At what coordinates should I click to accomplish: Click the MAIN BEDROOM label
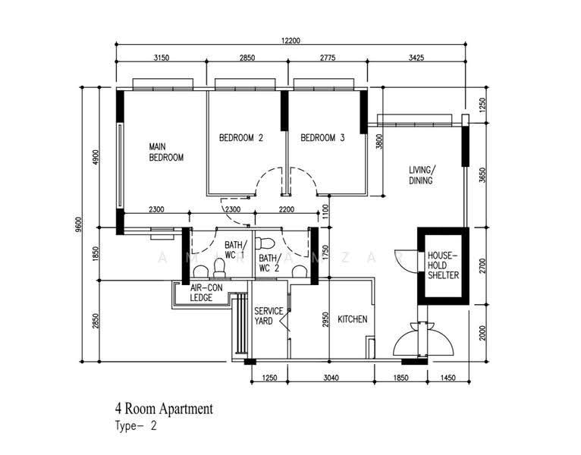pos(166,152)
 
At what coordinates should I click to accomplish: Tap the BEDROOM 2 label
pos(241,138)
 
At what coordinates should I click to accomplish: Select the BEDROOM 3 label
pos(322,138)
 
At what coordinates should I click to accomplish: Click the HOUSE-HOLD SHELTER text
pos(443,265)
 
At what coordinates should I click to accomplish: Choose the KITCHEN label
pos(353,319)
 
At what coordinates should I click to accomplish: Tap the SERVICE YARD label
pos(269,316)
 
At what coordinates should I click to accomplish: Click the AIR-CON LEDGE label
pos(206,293)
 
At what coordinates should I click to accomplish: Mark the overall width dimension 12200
pos(290,40)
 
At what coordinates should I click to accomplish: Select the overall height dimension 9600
pos(77,224)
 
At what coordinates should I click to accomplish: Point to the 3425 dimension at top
pos(416,58)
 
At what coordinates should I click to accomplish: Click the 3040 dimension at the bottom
pos(331,378)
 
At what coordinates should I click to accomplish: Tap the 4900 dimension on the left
pos(96,157)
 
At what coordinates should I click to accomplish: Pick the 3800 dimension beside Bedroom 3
pos(378,141)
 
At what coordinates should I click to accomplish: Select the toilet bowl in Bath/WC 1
pos(219,268)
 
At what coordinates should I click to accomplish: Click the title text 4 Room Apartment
pos(164,409)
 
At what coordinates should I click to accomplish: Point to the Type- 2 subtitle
pos(136,425)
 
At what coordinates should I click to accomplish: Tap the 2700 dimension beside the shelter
pos(482,265)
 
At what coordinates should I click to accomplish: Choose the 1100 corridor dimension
pos(325,212)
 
